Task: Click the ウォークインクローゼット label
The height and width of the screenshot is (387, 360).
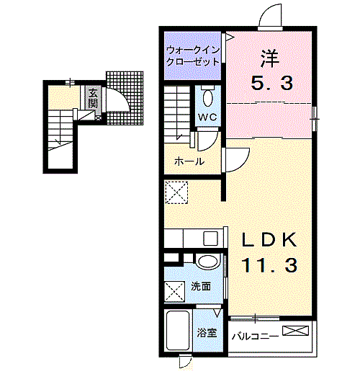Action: click(x=192, y=56)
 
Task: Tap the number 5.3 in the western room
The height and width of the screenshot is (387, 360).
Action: click(x=271, y=84)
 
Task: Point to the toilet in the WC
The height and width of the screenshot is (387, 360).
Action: click(x=208, y=97)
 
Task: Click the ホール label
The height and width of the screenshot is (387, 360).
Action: click(x=189, y=161)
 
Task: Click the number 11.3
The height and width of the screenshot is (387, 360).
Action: click(x=269, y=266)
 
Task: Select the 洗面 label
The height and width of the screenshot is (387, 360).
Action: click(x=201, y=286)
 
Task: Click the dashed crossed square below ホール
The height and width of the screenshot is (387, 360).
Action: click(x=176, y=192)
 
